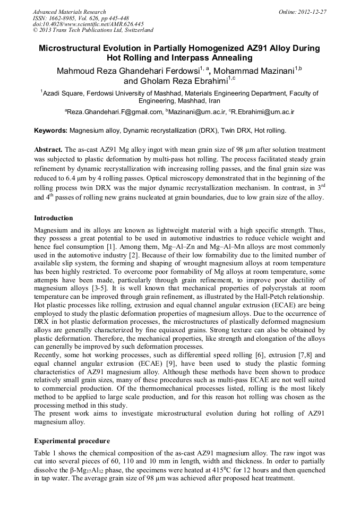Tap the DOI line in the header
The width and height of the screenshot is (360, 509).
click(88, 24)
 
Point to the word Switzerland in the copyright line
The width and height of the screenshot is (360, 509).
click(136, 31)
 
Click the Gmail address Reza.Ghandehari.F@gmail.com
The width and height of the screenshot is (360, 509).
click(114, 112)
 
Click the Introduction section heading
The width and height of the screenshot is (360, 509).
click(53, 218)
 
